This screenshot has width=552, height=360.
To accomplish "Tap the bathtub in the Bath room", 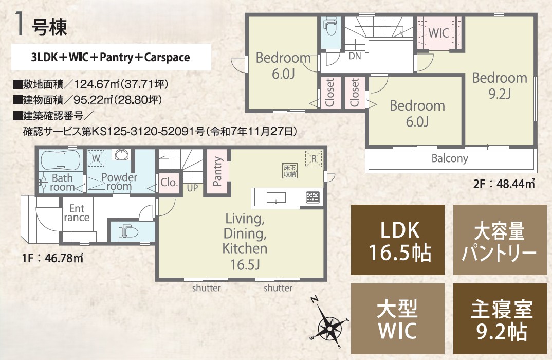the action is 61,160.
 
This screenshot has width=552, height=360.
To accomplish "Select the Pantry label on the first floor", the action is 217,172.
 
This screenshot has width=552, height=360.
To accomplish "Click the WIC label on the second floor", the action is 438,33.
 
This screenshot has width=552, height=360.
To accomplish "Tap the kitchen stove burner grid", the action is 312,197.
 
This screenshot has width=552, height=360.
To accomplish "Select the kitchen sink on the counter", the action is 276,198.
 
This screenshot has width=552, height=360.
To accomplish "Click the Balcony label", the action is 450,158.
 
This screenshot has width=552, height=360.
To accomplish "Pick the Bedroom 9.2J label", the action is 500,85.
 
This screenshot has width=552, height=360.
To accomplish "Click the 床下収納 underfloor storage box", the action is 290,171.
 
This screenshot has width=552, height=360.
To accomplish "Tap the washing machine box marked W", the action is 96,158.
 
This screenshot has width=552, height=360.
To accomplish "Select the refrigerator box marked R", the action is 314,159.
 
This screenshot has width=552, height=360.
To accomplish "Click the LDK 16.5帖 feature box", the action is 397,240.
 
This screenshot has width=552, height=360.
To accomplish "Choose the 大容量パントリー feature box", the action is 500,240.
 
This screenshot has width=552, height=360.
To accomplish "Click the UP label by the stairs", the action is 192,188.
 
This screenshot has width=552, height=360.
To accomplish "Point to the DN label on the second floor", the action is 355,56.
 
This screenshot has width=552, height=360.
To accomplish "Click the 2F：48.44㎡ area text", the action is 504,184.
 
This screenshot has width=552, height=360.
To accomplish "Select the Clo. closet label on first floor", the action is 169,183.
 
